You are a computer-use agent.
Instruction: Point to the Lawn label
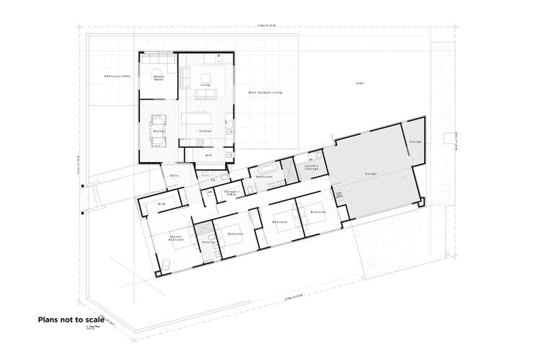(x=359, y=83)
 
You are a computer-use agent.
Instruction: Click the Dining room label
(x=159, y=131)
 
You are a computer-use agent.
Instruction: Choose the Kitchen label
(x=204, y=131)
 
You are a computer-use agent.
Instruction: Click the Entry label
(x=174, y=175)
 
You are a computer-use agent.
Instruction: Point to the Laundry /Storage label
(x=311, y=167)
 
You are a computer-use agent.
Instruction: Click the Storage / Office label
(x=232, y=193)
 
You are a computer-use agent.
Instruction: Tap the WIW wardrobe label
(x=162, y=205)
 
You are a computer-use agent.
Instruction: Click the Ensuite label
(x=209, y=242)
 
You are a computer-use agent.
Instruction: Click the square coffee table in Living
(x=205, y=77)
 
